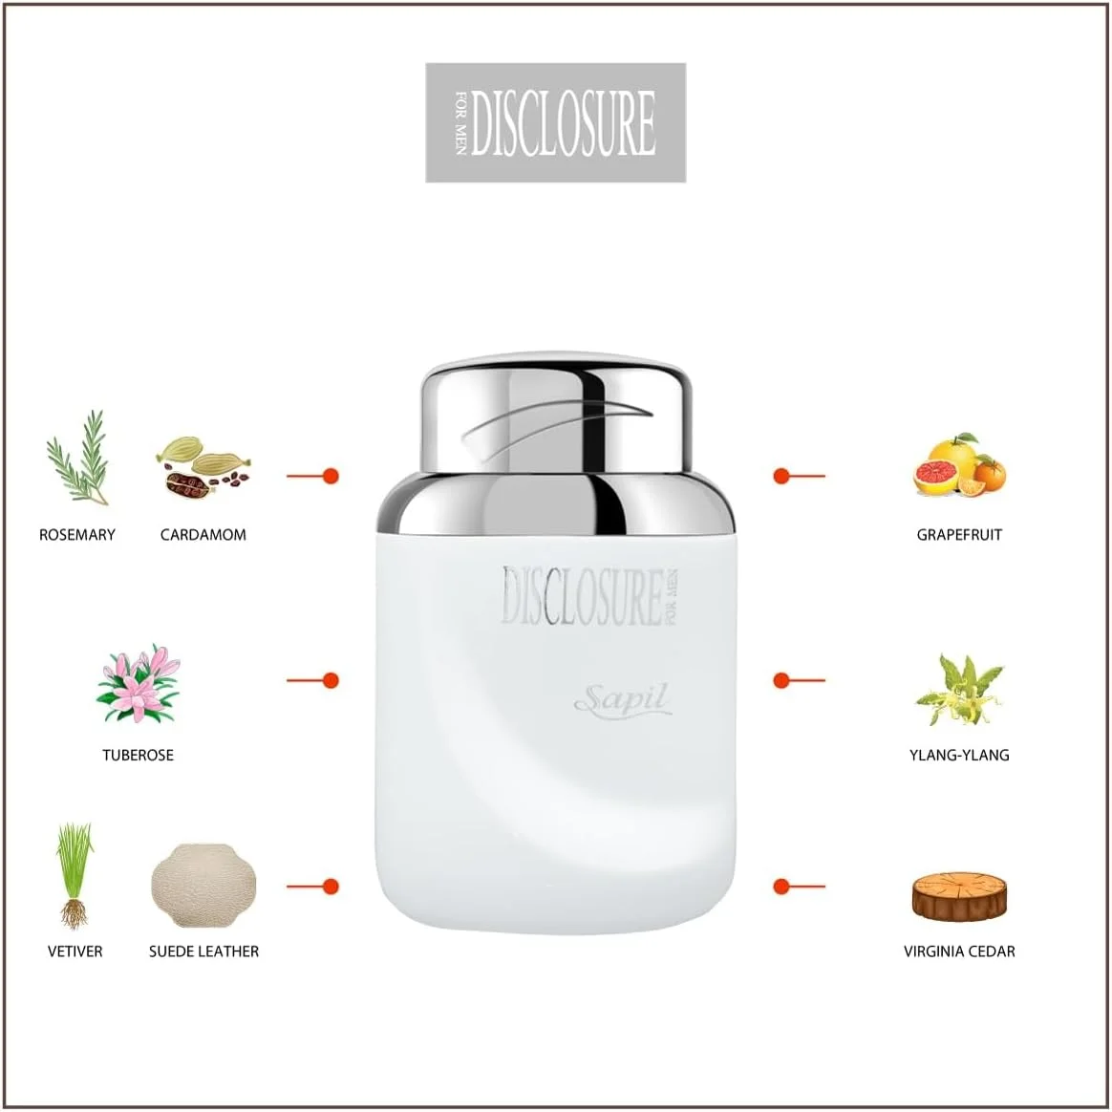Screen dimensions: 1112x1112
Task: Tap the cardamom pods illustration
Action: click(x=203, y=466)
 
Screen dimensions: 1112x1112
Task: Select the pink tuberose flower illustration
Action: click(x=139, y=684)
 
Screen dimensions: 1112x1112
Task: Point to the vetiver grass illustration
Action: click(x=75, y=875)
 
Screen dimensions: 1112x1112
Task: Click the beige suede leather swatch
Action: click(x=203, y=885)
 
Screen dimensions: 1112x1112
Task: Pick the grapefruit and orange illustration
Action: click(x=959, y=465)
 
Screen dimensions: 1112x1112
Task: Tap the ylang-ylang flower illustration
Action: click(x=959, y=690)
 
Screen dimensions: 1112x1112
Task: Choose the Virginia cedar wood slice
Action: click(x=959, y=897)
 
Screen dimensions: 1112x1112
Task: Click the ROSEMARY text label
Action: click(x=77, y=535)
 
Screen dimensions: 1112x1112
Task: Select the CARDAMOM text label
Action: click(x=203, y=535)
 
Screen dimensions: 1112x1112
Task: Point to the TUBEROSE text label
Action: click(x=139, y=756)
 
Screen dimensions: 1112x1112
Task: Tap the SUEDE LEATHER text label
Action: click(x=204, y=952)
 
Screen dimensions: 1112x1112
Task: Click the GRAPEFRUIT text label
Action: click(x=959, y=535)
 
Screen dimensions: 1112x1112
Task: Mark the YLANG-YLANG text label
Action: click(x=959, y=756)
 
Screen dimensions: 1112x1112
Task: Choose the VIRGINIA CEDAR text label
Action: click(x=959, y=952)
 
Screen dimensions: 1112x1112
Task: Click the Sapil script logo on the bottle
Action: click(x=623, y=700)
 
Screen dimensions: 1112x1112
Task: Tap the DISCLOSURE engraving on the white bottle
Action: click(x=589, y=596)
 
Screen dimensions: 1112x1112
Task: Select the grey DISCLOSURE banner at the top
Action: click(x=556, y=122)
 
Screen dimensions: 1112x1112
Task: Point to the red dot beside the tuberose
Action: click(x=331, y=681)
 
